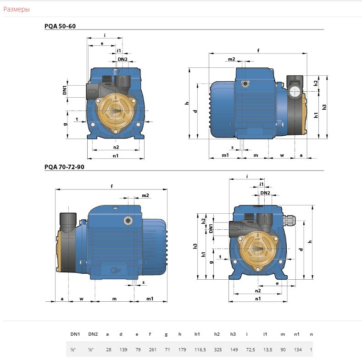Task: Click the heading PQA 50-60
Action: (x=60, y=26)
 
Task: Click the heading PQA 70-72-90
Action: (x=64, y=167)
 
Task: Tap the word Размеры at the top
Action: (x=17, y=9)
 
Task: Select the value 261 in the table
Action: (x=153, y=349)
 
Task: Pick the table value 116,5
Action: (x=200, y=349)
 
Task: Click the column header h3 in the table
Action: (x=233, y=334)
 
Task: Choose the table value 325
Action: (x=218, y=349)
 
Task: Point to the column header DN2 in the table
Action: (x=93, y=334)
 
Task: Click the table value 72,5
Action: (x=251, y=349)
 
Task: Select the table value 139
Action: (x=123, y=349)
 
